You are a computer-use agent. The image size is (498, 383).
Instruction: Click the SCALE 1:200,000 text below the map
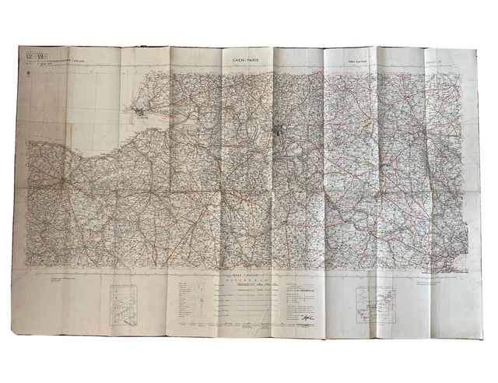pos(248,278)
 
